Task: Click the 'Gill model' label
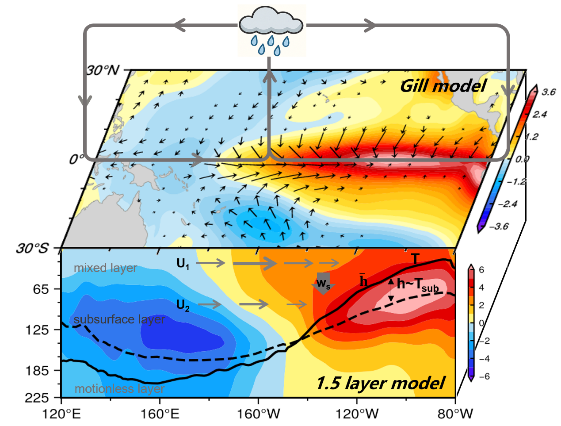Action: pyautogui.click(x=443, y=86)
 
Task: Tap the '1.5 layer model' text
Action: pyautogui.click(x=380, y=383)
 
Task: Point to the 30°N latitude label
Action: pyautogui.click(x=103, y=70)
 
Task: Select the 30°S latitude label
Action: pyautogui.click(x=32, y=248)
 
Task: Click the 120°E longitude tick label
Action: pyautogui.click(x=61, y=414)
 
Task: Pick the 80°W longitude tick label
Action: pyautogui.click(x=455, y=414)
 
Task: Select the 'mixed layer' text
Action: pyautogui.click(x=105, y=268)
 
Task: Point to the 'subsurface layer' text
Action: pyautogui.click(x=119, y=319)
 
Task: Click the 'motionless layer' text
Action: pyautogui.click(x=119, y=389)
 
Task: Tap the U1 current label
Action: pyautogui.click(x=183, y=264)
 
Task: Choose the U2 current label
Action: pyautogui.click(x=183, y=305)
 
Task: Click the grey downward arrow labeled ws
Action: pyautogui.click(x=323, y=283)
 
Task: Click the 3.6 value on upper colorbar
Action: pyautogui.click(x=549, y=92)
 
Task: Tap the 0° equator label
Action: pyautogui.click(x=75, y=160)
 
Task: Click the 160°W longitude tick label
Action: pyautogui.click(x=259, y=414)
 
